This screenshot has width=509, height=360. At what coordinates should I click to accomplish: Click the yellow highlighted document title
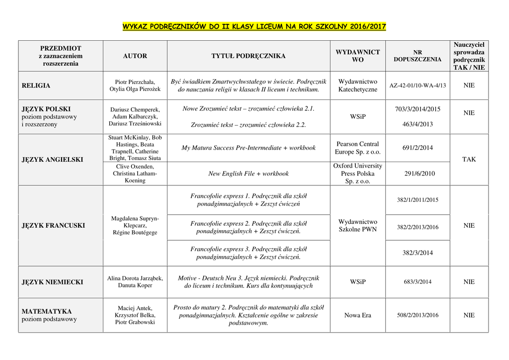pos(254,26)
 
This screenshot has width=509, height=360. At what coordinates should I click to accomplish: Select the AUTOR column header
pos(135,56)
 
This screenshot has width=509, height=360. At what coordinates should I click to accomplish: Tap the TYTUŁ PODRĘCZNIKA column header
pos(249,56)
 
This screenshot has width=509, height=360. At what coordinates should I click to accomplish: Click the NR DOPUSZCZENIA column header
pos(418,56)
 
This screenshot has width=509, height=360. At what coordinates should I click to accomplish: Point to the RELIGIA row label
pos(36,86)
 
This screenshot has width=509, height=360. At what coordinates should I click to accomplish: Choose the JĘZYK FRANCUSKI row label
pos(53,226)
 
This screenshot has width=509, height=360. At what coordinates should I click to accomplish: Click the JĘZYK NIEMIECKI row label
pos(53,282)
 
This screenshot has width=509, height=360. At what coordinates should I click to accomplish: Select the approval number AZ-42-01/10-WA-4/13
pos(418,86)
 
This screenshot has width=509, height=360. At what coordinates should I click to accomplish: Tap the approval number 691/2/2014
pos(418,148)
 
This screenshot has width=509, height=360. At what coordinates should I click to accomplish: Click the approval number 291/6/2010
pos(418,174)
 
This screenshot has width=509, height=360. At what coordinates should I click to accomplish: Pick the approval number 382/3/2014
pos(418,253)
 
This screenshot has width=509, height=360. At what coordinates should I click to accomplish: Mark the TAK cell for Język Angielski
pos(469,160)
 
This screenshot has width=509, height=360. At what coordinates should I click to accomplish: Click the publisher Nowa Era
pos(357,315)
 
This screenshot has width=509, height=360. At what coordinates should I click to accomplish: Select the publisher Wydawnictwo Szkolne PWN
pos(357,226)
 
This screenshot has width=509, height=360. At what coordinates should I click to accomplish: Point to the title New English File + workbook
pos(249,174)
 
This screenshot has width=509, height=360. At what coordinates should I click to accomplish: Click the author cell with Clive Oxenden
pos(135,174)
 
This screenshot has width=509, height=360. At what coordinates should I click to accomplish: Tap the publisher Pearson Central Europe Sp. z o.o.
pos(357,148)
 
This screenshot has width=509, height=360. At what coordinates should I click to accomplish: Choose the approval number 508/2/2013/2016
pos(418,315)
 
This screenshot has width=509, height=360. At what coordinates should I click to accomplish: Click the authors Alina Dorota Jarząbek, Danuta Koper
pos(135,282)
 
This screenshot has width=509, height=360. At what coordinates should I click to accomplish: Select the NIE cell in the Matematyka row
pos(469,315)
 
